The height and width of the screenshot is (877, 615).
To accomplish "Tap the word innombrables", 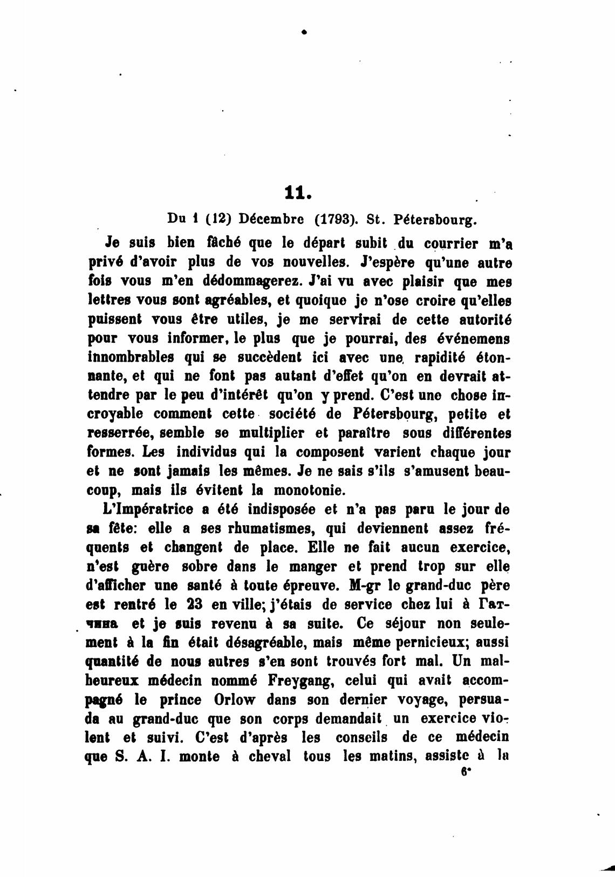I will point(131,357).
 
